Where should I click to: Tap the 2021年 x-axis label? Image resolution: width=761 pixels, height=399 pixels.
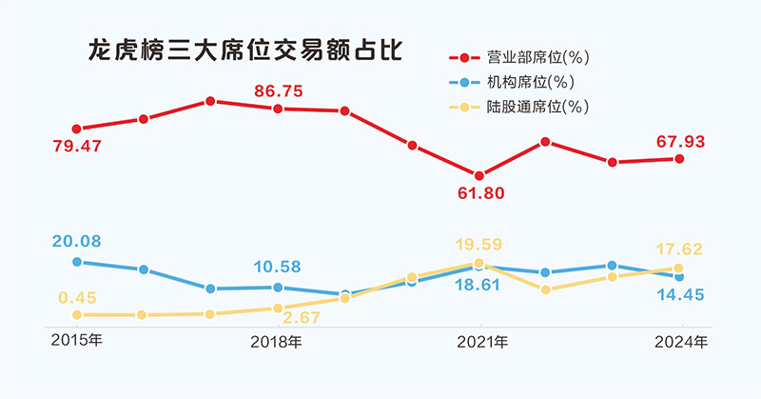tap(481, 340)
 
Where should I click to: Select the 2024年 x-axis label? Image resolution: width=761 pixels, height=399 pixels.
tap(682, 340)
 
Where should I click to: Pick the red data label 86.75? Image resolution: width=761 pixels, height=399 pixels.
tap(279, 91)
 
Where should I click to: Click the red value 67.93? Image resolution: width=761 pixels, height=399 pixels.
tap(679, 142)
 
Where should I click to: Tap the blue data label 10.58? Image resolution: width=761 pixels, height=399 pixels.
tap(278, 267)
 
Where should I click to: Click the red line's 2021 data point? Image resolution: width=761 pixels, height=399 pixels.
tap(479, 176)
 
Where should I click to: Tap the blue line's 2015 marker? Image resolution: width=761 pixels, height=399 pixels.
tap(76, 261)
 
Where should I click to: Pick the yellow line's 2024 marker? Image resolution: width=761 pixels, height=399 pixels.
tap(679, 269)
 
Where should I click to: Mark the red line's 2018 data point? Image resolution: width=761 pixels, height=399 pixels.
tap(278, 109)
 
